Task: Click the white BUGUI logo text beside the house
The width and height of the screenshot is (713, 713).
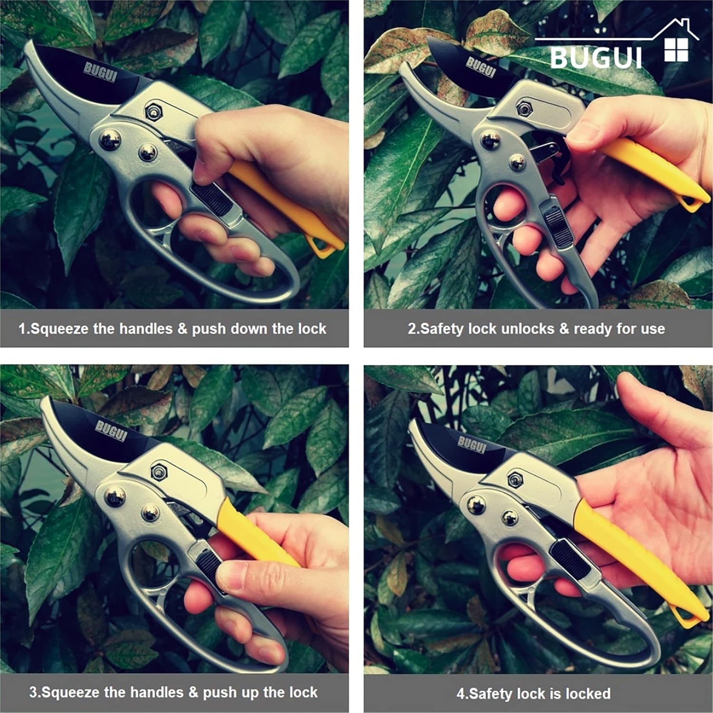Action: point(596,58)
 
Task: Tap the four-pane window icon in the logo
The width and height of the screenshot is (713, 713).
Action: point(676,50)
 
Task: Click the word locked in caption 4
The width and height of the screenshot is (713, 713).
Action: point(588,694)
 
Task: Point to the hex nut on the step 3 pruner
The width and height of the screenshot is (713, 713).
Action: point(160,472)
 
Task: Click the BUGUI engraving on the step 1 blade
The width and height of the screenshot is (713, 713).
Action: point(100,71)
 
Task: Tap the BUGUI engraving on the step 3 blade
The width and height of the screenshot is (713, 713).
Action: point(111,431)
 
